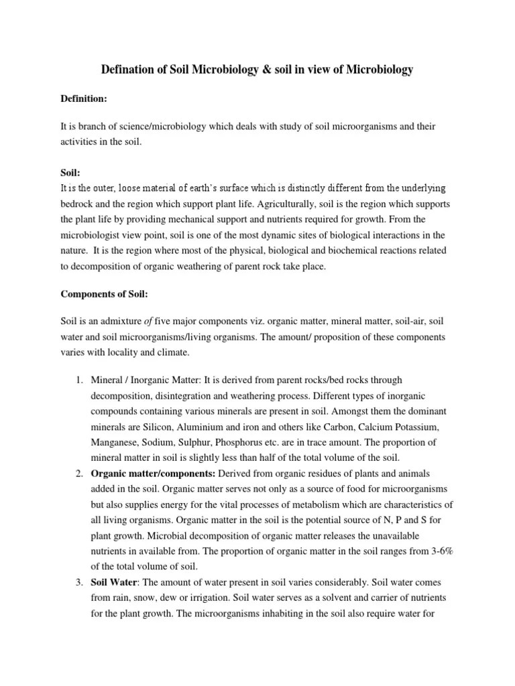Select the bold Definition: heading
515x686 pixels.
pyautogui.click(x=84, y=98)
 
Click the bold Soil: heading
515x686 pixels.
pyautogui.click(x=71, y=172)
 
